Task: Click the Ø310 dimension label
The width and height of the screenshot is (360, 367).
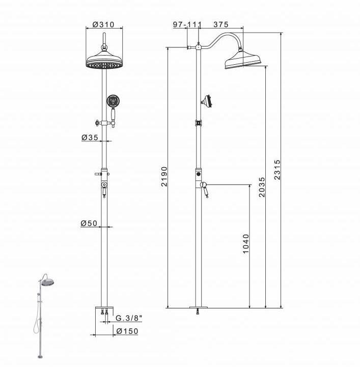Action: click(103, 24)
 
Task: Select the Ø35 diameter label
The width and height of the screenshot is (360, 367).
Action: click(90, 138)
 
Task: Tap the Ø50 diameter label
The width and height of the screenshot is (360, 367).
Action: click(89, 223)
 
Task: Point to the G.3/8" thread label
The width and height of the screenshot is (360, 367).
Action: click(129, 318)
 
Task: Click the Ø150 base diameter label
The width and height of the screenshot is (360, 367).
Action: click(127, 331)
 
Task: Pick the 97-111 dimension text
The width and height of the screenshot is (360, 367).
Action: click(187, 24)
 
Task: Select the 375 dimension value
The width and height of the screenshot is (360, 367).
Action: click(220, 24)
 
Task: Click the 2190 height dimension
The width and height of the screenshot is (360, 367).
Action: click(164, 176)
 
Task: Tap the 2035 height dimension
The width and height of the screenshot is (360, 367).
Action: click(262, 187)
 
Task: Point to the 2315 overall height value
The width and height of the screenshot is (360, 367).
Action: click(277, 170)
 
